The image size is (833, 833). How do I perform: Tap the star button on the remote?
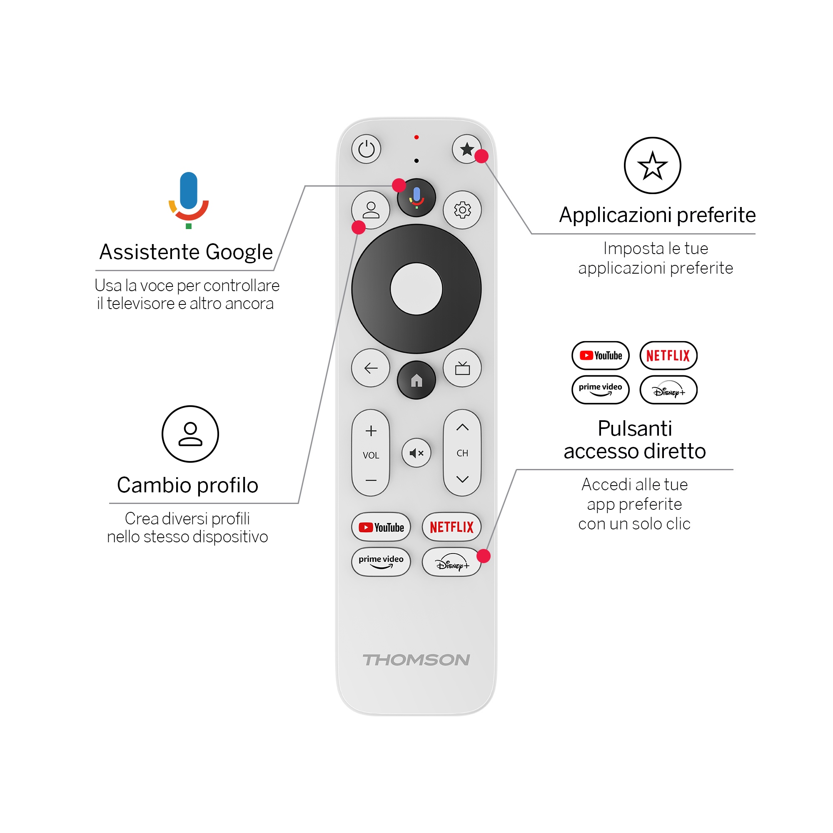(x=466, y=149)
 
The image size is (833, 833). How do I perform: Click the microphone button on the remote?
(x=416, y=197)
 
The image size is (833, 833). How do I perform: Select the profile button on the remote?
(x=371, y=210)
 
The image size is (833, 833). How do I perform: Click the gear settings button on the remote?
(x=462, y=210)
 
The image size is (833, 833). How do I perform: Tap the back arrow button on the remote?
(x=371, y=368)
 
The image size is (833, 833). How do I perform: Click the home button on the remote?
(x=416, y=380)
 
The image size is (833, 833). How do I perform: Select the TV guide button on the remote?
(x=462, y=368)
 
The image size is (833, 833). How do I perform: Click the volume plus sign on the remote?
(x=371, y=431)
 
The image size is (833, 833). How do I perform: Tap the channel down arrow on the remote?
(x=462, y=479)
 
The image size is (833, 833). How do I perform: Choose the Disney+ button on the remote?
(x=451, y=562)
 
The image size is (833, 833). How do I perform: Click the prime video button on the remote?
(x=381, y=562)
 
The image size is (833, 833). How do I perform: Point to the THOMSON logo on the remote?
(x=416, y=660)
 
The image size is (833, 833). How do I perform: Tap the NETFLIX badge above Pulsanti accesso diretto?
(x=668, y=356)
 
